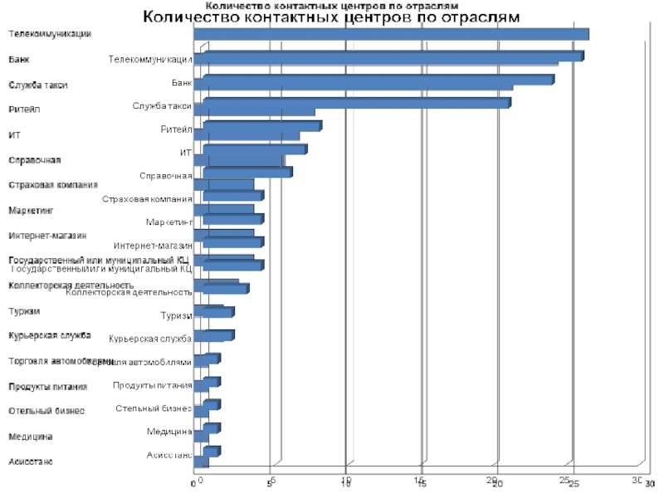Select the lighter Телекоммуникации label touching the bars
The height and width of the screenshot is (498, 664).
150,60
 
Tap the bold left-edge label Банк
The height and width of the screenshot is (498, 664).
19,60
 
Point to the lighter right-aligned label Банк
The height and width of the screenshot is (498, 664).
182,83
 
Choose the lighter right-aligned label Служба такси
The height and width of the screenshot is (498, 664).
162,106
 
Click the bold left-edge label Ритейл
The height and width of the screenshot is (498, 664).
24,110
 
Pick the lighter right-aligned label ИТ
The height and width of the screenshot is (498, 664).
186,153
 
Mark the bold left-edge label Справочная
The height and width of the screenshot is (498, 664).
35,159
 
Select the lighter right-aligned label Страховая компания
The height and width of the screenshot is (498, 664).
147,199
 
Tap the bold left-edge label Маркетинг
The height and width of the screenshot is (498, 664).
30,211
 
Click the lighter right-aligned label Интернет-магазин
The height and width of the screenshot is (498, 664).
153,246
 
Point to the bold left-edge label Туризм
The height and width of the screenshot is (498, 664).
24,311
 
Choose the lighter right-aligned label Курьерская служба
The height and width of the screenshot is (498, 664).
150,339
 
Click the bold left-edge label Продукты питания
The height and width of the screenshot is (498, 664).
48,387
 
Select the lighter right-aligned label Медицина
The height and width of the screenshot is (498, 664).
169,432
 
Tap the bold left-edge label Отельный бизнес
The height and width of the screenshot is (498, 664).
46,411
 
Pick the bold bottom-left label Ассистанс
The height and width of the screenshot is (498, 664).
31,461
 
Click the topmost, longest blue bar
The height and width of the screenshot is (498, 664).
390,34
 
